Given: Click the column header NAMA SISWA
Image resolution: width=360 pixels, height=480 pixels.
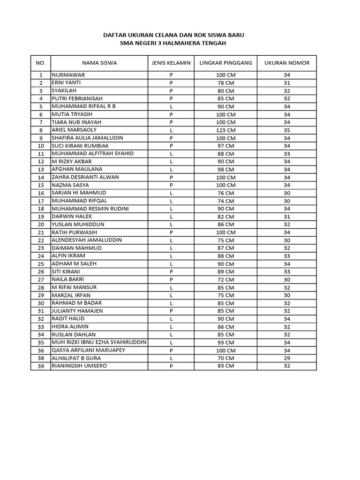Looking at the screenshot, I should click(99, 63).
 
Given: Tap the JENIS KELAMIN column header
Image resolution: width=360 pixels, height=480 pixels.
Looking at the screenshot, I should click(171, 63).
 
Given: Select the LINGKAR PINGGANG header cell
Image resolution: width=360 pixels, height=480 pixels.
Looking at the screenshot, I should click(225, 63).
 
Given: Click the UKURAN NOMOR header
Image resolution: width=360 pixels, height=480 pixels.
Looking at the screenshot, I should click(287, 63).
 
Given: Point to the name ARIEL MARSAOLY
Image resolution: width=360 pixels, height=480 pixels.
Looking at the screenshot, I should click(74, 130).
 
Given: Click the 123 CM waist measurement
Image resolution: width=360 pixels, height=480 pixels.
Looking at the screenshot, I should click(225, 130).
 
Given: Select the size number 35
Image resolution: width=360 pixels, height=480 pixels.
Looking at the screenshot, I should click(287, 130).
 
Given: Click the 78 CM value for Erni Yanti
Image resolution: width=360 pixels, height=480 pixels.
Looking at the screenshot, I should click(225, 83).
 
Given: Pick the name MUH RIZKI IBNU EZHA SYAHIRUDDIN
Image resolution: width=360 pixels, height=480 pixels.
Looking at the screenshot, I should click(99, 342).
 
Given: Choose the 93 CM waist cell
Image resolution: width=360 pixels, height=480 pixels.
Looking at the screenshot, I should click(225, 342).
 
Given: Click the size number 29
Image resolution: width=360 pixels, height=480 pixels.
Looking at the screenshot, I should click(287, 358).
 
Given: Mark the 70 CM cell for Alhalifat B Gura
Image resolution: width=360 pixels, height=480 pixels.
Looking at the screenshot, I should click(225, 358).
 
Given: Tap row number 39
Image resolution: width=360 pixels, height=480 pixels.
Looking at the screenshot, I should click(41, 366).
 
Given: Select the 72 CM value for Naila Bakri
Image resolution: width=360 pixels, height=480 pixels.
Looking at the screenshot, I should click(225, 279).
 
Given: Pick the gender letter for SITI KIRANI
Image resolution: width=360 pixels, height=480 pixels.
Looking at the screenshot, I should click(171, 271).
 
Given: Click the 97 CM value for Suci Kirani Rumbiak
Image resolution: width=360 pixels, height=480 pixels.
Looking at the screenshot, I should click(225, 146).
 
